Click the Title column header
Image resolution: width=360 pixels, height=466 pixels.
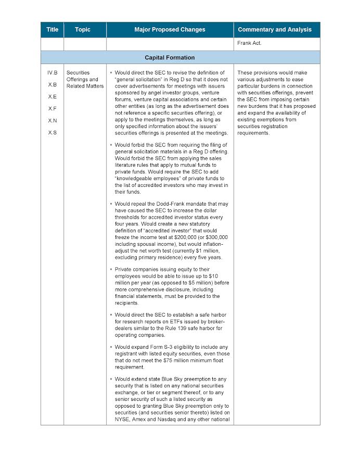pos(52,30)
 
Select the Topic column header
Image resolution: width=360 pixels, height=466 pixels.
pos(82,30)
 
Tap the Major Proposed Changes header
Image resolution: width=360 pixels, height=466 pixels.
pos(170,30)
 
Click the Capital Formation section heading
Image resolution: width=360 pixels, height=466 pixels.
pos(170,57)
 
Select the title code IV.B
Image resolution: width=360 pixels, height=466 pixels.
pos(52,72)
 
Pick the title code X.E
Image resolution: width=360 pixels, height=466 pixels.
pos(52,96)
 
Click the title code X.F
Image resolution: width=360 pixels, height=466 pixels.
pos(52,108)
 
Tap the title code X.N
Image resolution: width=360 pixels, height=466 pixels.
pos(52,120)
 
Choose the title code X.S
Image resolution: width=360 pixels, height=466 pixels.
pos(52,132)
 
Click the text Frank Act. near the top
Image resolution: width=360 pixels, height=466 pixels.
pos(250,43)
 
